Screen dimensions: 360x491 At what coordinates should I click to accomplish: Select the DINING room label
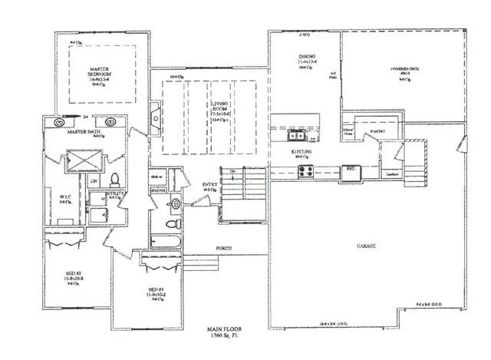click(x=308, y=58)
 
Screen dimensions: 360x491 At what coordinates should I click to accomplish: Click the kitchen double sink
click(x=295, y=137)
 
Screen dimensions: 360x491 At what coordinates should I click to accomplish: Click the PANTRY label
click(x=377, y=131)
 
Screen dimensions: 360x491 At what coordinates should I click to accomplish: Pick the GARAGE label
click(x=365, y=247)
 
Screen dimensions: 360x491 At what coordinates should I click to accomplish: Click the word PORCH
click(x=223, y=247)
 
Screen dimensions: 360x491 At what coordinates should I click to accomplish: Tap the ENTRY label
click(x=209, y=184)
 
